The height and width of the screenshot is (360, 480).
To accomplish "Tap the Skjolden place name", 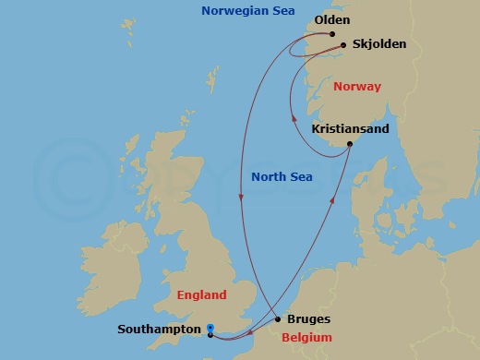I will [x=378, y=43].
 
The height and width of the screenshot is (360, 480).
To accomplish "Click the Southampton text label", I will [x=159, y=330].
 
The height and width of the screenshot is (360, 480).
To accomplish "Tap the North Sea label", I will [x=282, y=176].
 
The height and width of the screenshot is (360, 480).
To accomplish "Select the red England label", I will [x=201, y=295].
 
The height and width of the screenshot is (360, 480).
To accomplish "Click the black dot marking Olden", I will [x=331, y=35].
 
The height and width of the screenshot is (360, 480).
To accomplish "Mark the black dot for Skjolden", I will [x=343, y=44].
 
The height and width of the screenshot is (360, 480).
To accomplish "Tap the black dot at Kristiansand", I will [x=350, y=144].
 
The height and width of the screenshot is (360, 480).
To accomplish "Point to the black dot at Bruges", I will [x=278, y=319].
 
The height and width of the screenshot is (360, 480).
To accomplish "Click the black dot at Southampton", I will [x=210, y=335].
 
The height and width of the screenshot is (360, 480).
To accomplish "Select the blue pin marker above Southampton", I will [x=210, y=327].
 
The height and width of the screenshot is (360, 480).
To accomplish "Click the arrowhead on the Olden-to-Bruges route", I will [x=240, y=196].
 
